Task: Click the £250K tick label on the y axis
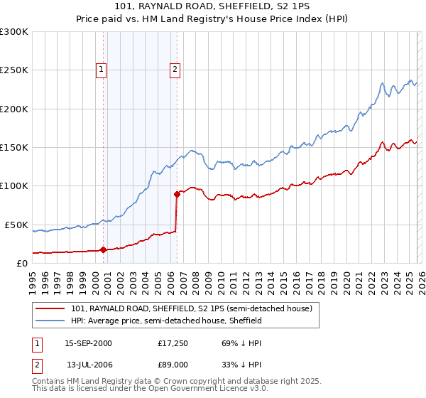14,70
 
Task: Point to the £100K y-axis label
14,186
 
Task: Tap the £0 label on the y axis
22,263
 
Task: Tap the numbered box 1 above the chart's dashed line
102,70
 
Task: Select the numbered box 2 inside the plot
174,70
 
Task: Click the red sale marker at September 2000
104,249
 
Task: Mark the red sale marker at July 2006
177,193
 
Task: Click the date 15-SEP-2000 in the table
88,343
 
